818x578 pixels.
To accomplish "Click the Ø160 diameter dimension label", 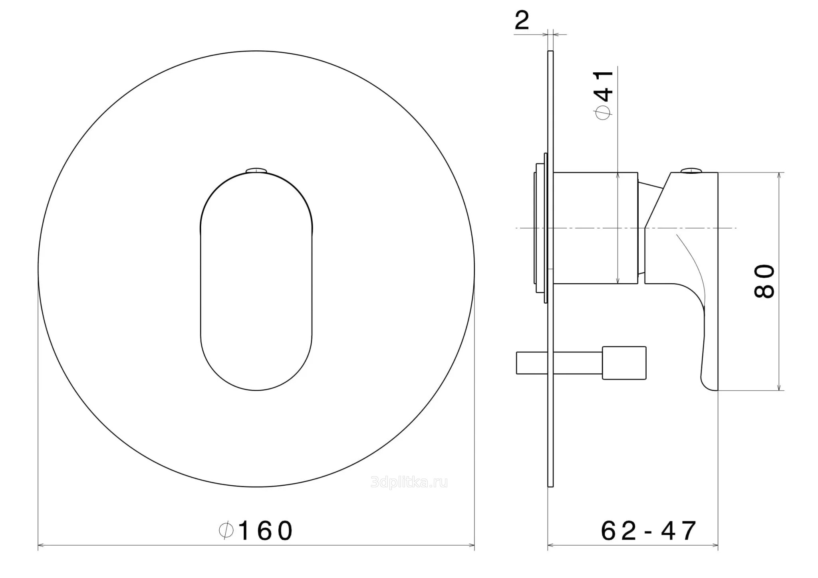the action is pyautogui.click(x=256, y=530).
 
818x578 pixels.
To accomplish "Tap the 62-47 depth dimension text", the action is pyautogui.click(x=649, y=530).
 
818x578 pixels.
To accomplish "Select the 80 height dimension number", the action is pyautogui.click(x=764, y=281).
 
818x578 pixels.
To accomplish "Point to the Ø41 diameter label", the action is pyautogui.click(x=604, y=95).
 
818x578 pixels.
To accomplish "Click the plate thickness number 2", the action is pyautogui.click(x=522, y=20).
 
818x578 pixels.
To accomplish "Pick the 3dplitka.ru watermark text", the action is pyautogui.click(x=409, y=483).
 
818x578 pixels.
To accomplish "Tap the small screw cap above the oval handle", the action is pyautogui.click(x=256, y=171).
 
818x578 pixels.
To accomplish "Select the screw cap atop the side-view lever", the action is pyautogui.click(x=690, y=171).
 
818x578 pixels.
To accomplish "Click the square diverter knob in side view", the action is pyautogui.click(x=624, y=363).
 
